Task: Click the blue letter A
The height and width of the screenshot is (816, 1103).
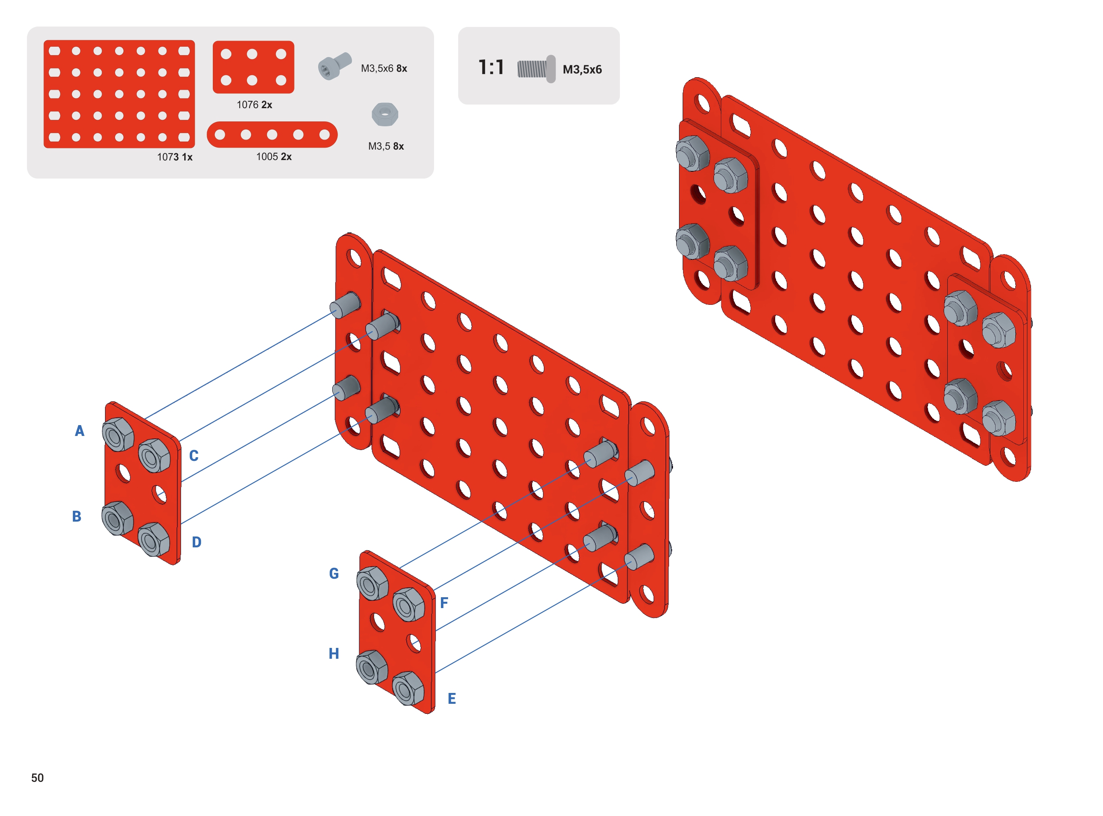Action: (80, 431)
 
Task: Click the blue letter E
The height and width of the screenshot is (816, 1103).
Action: (451, 699)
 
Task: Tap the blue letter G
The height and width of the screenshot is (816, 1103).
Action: (334, 574)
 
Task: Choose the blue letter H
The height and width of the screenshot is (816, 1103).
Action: (334, 654)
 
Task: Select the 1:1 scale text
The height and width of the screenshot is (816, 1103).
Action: (491, 67)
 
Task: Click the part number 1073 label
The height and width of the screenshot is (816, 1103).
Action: (175, 157)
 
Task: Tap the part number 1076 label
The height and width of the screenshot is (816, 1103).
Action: (254, 105)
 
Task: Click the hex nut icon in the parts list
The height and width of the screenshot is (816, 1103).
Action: (385, 115)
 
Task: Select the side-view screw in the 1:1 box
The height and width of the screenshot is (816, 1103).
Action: (537, 69)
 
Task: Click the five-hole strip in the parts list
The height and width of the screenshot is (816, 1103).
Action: (272, 135)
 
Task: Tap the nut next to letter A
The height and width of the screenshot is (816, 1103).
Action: (118, 435)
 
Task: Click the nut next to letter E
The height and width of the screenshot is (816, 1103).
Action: (408, 688)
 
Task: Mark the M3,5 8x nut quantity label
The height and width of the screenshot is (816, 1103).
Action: (386, 146)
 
